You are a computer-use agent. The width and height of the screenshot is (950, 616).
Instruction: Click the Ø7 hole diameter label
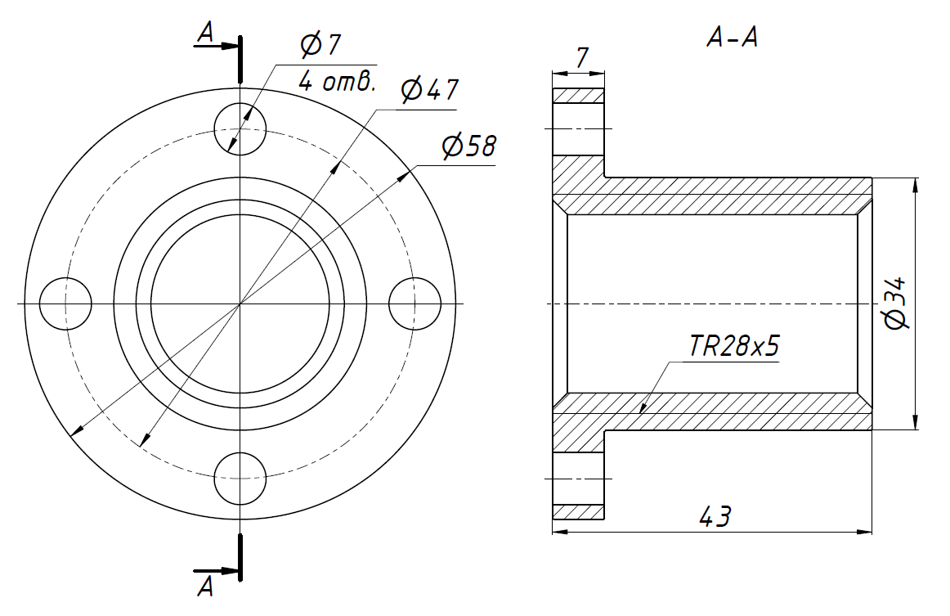point(320,45)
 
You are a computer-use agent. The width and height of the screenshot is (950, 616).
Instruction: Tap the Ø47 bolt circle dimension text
point(429,90)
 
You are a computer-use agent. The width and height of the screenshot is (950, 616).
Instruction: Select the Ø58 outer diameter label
point(469,146)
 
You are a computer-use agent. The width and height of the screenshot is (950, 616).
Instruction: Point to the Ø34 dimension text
point(895,304)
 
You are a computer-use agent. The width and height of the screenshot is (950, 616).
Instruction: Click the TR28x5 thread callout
point(733,345)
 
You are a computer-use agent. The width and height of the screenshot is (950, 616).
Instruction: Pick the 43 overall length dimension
point(715,516)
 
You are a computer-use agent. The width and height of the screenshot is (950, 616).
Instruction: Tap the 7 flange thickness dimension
point(581,57)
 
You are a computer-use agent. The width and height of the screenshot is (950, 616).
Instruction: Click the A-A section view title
point(732,38)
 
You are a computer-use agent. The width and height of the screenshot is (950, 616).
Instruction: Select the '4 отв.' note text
point(337,82)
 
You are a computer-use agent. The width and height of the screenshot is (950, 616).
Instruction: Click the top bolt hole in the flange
point(240,129)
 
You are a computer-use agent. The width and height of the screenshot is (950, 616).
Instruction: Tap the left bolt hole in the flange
point(65,304)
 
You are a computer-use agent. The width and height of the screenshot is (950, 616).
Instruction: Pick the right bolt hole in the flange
point(415,304)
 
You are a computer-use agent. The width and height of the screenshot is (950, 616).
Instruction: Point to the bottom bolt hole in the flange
point(240,479)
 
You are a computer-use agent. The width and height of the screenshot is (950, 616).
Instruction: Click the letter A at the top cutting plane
point(206,33)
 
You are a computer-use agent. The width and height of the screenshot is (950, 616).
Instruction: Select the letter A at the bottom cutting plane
point(206,587)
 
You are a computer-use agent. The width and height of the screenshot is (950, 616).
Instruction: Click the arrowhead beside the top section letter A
point(229,46)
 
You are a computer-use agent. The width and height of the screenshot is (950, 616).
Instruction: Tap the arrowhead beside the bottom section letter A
point(229,571)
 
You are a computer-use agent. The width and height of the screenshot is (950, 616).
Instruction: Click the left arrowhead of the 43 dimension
point(560,532)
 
